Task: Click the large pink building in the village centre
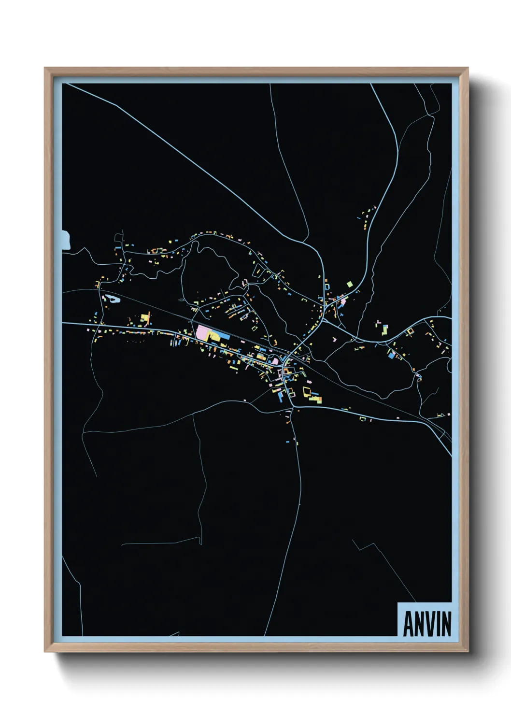pyautogui.click(x=203, y=332)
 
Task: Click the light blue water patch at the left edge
pyautogui.click(x=66, y=240)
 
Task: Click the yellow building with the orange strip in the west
pyautogui.click(x=144, y=319)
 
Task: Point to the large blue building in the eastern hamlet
pyautogui.click(x=390, y=356)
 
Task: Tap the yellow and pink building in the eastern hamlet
pyautogui.click(x=384, y=329)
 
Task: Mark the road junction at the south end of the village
pyautogui.click(x=292, y=406)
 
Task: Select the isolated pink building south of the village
pyautogui.click(x=245, y=400)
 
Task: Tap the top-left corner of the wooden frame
pyautogui.click(x=45, y=68)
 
